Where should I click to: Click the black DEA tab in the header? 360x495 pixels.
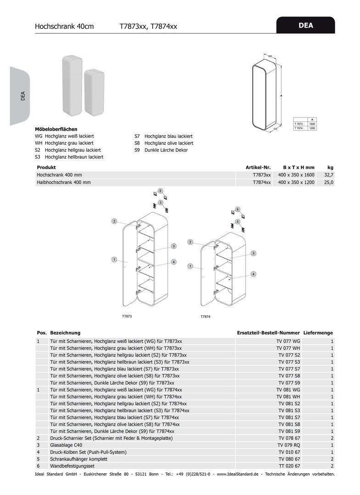(305, 26)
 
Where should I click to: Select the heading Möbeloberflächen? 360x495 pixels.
(56, 130)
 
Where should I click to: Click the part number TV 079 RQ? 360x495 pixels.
(289, 445)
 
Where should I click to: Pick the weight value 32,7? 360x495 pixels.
(329, 175)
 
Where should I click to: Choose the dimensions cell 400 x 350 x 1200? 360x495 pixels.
(296, 182)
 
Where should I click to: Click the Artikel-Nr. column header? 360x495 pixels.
(258, 167)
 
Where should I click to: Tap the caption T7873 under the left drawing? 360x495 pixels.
(127, 316)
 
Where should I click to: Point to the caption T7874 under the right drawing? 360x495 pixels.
(205, 317)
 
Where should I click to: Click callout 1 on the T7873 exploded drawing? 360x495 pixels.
(114, 260)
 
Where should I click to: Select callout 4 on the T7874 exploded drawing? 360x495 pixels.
(253, 274)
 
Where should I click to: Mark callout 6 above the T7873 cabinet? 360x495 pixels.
(161, 190)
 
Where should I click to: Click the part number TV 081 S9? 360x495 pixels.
(289, 431)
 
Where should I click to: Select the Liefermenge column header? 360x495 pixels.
(318, 333)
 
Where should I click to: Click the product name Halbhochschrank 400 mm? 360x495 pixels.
(64, 182)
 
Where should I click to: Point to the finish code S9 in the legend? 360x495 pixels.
(137, 150)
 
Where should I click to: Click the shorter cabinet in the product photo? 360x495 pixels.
(94, 92)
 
